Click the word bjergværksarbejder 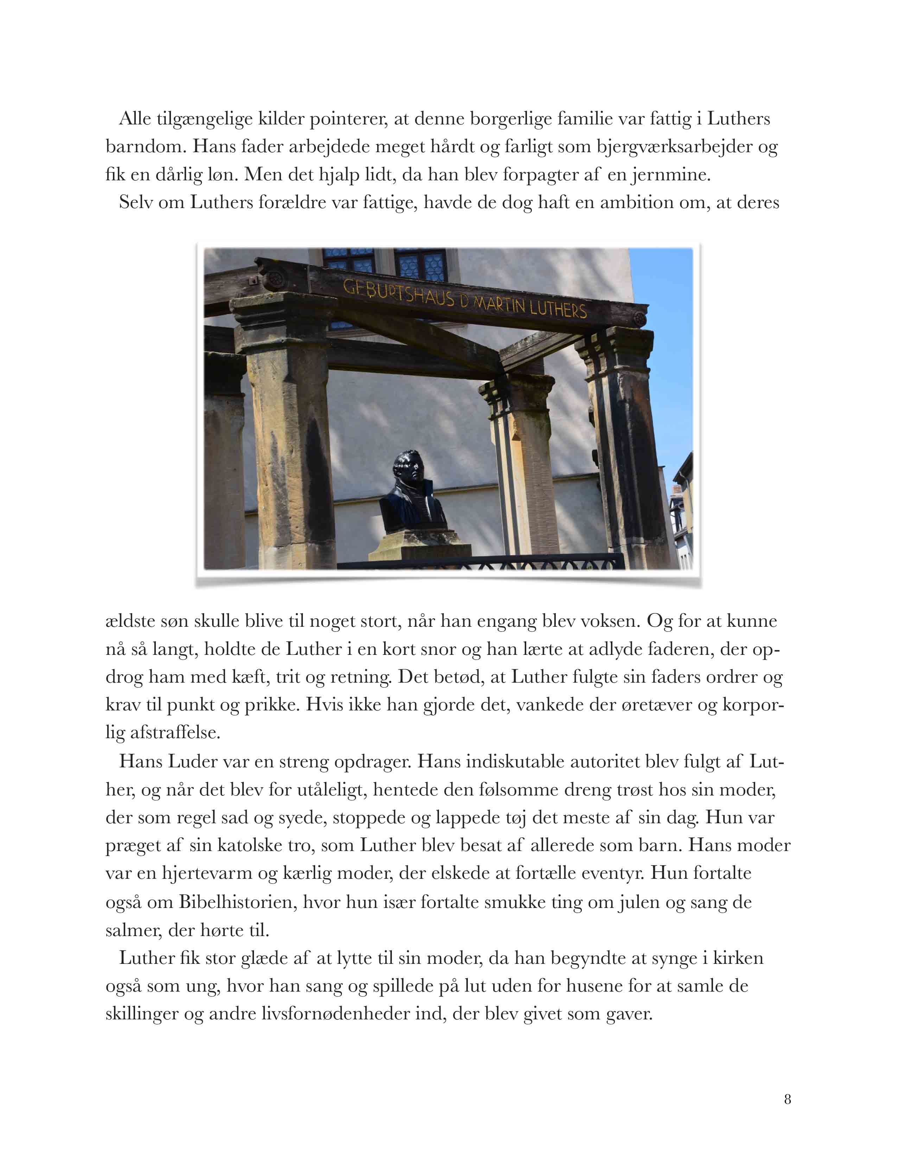(x=674, y=146)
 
